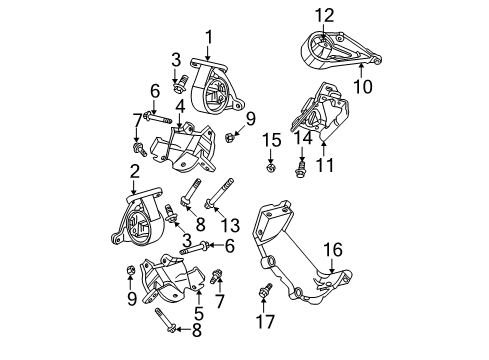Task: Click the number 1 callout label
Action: tap(209, 37)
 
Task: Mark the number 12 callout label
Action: tap(321, 15)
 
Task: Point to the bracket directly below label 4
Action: tap(185, 155)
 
